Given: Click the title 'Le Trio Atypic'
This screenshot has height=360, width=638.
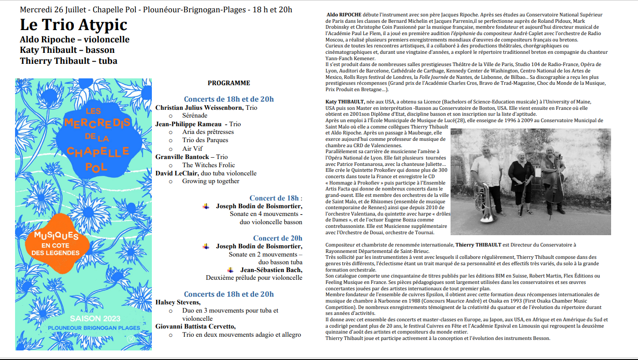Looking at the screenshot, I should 73,26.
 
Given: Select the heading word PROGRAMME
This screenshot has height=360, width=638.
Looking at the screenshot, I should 229,83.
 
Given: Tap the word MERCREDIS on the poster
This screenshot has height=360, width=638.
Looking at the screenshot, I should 97,123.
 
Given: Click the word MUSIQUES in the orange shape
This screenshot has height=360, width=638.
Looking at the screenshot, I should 57,236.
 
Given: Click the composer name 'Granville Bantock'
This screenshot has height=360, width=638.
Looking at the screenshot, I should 182,157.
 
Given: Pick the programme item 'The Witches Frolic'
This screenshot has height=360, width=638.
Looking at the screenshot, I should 208,165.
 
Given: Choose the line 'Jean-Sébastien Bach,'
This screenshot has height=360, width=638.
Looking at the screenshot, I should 271,270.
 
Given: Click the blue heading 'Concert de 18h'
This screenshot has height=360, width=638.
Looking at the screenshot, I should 274,198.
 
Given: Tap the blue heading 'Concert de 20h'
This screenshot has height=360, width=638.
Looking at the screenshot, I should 277,238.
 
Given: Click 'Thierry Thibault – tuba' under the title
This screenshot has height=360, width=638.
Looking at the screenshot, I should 68,61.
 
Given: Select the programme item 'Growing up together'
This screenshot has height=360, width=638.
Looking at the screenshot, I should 211,181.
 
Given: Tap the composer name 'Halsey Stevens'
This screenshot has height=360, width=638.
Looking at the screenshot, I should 178,302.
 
